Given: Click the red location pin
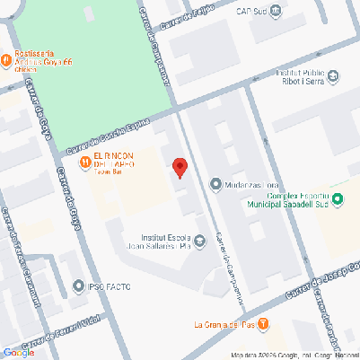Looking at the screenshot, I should coord(180,167).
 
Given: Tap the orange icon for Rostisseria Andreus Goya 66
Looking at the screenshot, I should coord(7,60).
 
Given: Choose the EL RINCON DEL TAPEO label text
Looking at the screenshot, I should coord(114,164).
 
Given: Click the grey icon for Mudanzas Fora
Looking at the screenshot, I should coord(215,184).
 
